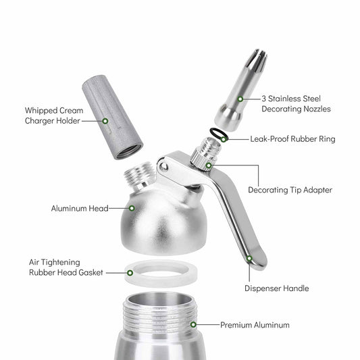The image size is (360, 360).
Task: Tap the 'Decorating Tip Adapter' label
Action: [290, 190]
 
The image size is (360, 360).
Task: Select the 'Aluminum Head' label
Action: [78, 209]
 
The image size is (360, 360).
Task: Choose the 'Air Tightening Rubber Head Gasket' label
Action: [66, 267]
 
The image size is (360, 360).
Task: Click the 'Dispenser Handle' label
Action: [276, 288]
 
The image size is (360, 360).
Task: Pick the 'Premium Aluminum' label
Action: [255, 325]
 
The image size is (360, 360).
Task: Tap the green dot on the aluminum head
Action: [132, 208]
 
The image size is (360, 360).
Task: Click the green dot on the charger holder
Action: [105, 120]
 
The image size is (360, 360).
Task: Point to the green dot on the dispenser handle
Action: [249, 257]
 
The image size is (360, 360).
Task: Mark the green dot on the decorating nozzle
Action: [240, 98]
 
